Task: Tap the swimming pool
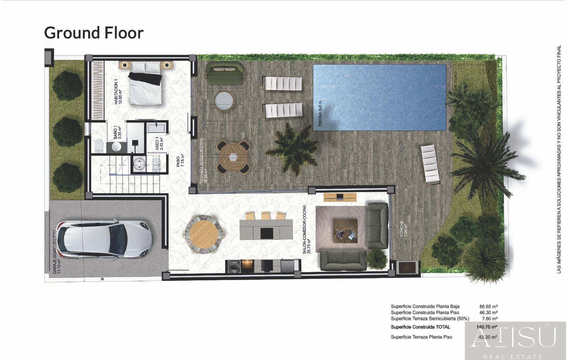[x=379, y=97]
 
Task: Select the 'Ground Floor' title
[x=94, y=33]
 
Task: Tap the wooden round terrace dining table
[x=233, y=157]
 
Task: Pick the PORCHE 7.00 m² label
[x=403, y=229]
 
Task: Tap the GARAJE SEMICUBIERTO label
[x=56, y=252]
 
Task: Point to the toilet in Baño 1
[x=99, y=145]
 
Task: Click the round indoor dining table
[x=204, y=235]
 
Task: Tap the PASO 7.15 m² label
[x=180, y=161]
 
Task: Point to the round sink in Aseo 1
[x=139, y=163]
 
